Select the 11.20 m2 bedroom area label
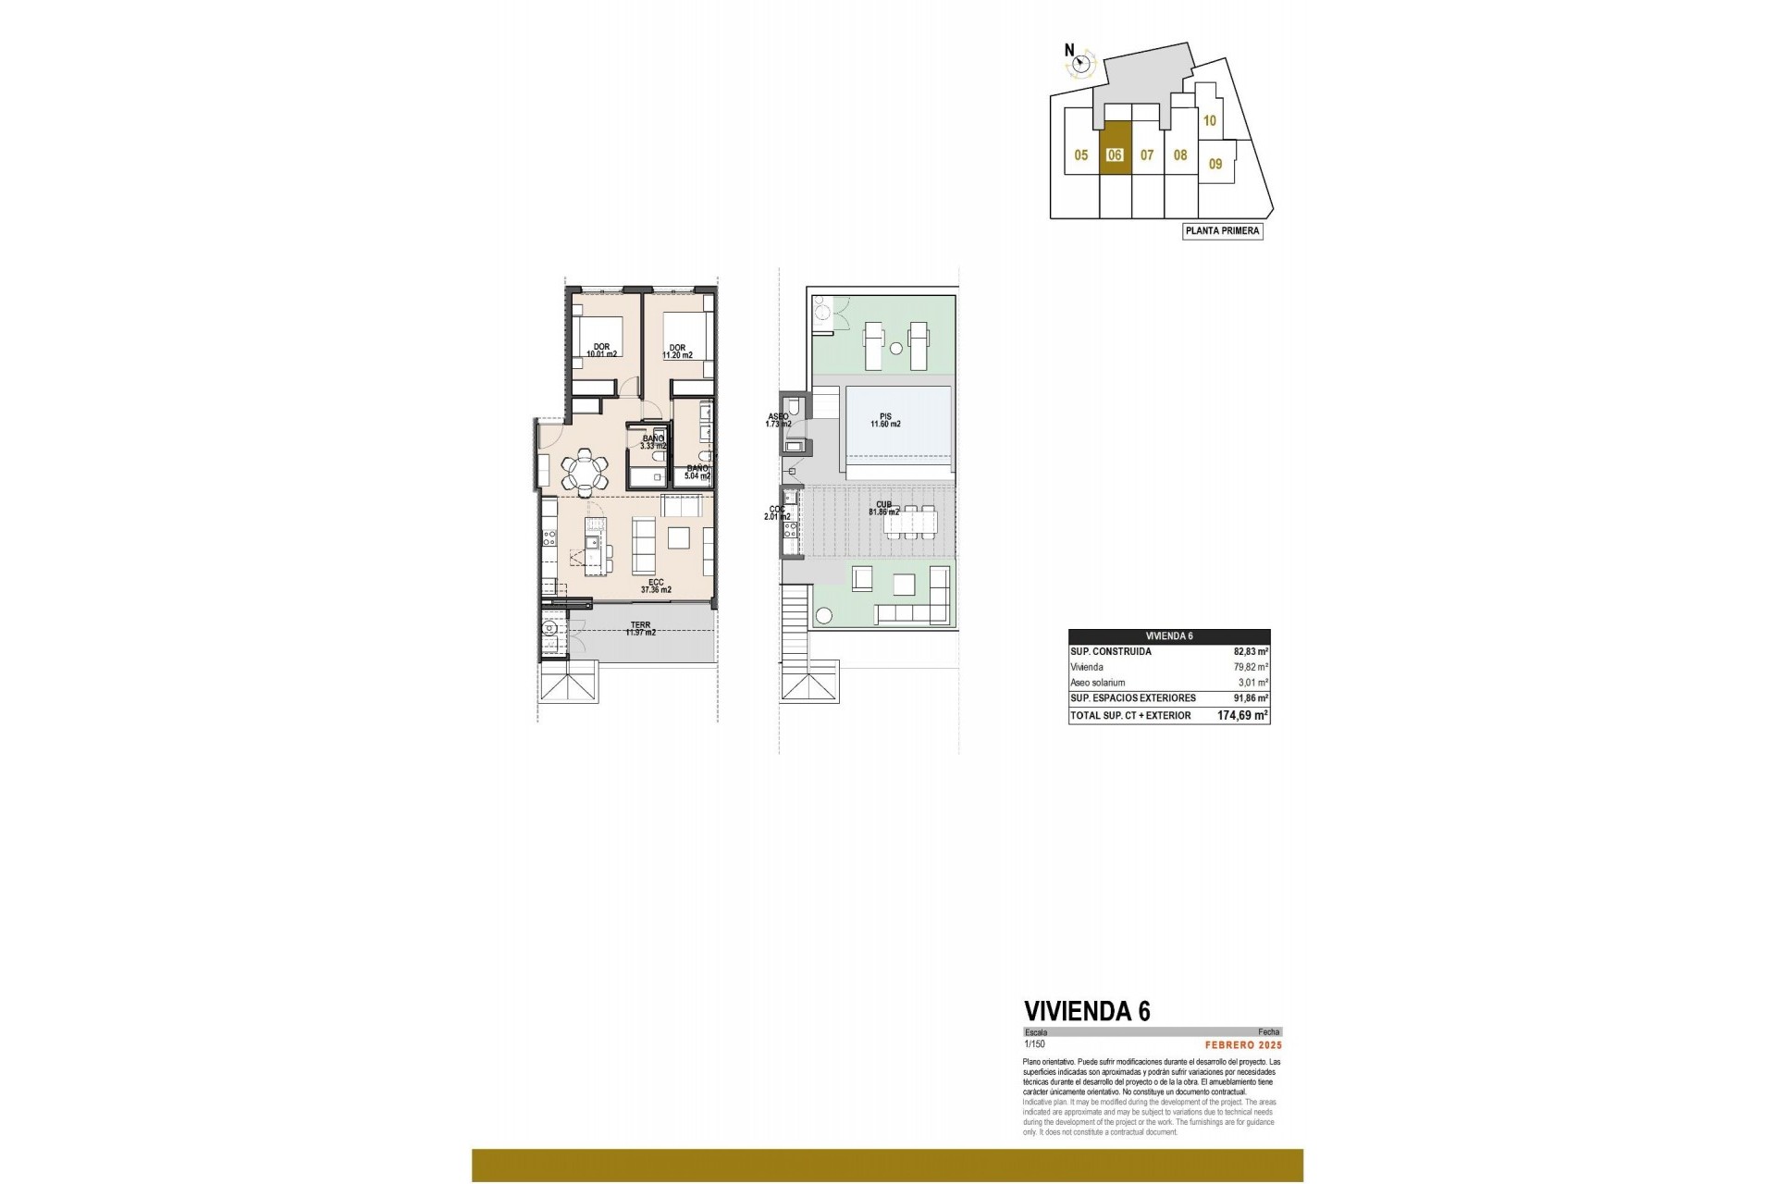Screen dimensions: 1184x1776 [x=677, y=351]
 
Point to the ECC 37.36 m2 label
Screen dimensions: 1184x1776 [x=656, y=586]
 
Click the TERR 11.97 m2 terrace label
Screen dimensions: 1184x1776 [x=640, y=629]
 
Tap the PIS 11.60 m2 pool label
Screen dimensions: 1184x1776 [x=884, y=421]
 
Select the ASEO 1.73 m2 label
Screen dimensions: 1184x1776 [x=778, y=420]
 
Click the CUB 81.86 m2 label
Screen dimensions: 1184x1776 [x=884, y=508]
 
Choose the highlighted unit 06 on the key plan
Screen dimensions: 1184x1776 [x=1115, y=155]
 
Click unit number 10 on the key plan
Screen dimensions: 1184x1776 [x=1209, y=120]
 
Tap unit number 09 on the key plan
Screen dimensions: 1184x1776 [x=1215, y=164]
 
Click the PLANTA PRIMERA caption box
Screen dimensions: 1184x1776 [x=1222, y=231]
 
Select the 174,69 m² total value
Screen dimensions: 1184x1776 [x=1241, y=716]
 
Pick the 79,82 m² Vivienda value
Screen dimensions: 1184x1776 [x=1250, y=667]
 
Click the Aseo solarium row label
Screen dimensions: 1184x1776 [x=1097, y=683]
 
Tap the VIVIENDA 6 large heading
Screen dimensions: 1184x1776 [x=1087, y=1011]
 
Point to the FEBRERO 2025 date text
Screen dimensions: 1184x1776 [x=1242, y=1044]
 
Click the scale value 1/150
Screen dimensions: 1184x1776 [x=1034, y=1044]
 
